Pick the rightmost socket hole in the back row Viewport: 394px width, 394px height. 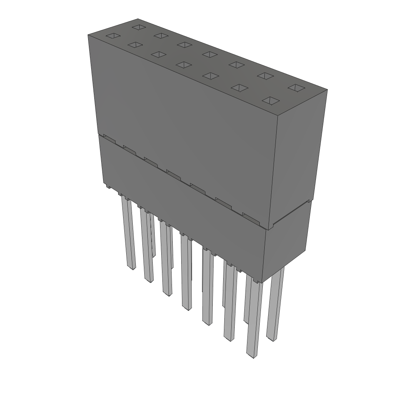(296, 88)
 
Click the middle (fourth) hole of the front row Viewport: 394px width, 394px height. (184, 65)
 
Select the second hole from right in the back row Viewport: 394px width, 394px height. (265, 75)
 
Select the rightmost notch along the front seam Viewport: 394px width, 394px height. (251, 218)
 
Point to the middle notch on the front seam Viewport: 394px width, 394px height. (174, 175)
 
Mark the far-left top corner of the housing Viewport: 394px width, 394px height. (88, 35)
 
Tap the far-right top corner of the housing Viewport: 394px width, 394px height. (327, 90)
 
